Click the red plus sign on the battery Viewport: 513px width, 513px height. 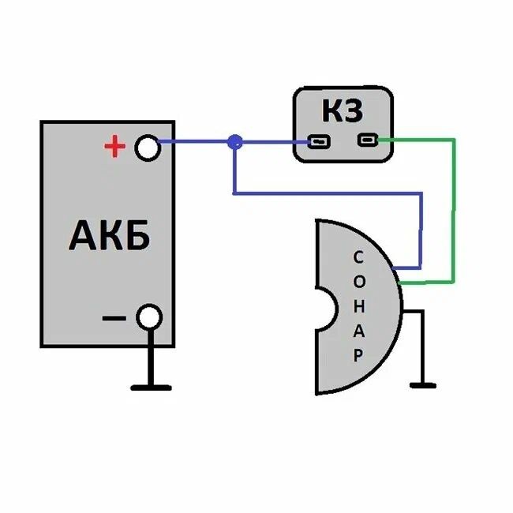[x=115, y=146]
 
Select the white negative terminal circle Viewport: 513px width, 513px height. [x=148, y=317]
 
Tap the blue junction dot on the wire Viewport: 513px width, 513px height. [x=234, y=142]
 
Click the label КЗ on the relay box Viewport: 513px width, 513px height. [x=343, y=111]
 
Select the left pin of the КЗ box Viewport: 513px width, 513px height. [x=318, y=142]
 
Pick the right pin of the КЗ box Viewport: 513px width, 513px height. [x=367, y=140]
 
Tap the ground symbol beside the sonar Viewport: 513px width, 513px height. [x=423, y=384]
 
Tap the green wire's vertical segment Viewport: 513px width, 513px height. [x=453, y=209]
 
